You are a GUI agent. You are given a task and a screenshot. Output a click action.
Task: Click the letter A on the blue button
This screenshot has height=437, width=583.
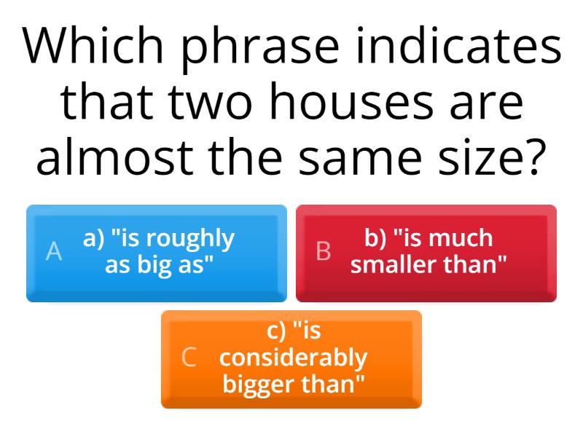tap(54, 251)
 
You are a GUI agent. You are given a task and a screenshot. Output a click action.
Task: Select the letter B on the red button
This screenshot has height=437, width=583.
tap(323, 251)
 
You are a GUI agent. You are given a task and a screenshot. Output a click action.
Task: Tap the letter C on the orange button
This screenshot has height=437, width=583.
tap(189, 357)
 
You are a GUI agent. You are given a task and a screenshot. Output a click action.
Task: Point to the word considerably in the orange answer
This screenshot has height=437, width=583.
tap(293, 358)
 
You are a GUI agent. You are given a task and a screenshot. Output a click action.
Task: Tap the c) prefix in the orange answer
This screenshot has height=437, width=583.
tap(277, 331)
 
